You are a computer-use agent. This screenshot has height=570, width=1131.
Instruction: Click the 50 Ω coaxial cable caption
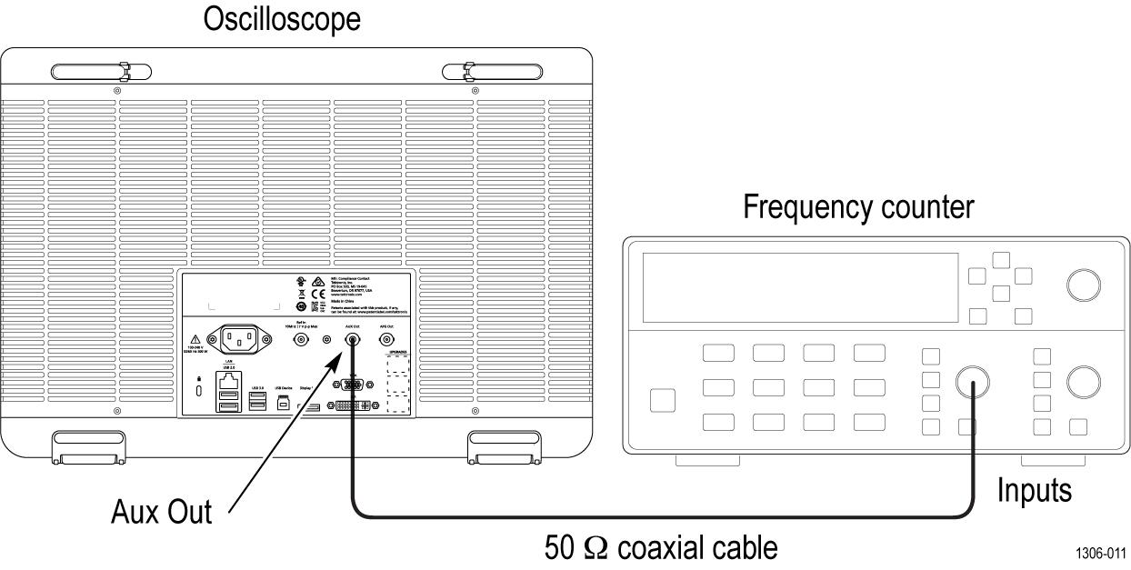pos(661,547)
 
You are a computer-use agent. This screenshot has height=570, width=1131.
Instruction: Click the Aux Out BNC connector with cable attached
pos(352,340)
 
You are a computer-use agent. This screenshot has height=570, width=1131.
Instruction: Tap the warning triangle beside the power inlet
pos(195,338)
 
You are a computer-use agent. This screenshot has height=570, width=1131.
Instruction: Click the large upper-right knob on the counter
pos(1082,285)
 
